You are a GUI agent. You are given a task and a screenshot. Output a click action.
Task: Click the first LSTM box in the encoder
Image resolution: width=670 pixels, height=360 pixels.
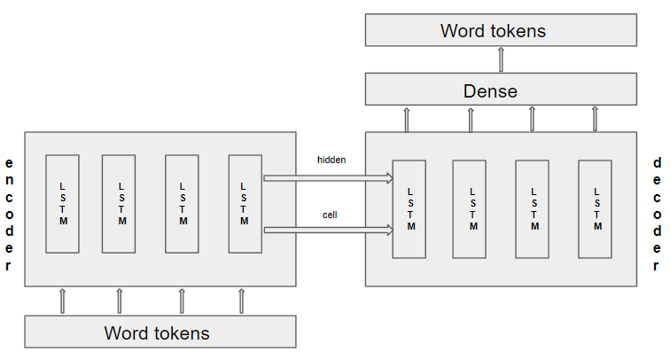coord(62,203)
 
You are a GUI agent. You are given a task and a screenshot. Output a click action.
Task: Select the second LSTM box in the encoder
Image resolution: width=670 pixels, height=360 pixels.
coord(119,203)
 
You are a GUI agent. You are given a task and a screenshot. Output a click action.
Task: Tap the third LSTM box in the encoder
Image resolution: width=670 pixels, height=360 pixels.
coord(183,203)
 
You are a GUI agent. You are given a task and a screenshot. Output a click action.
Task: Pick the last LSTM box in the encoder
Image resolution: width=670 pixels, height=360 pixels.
coord(245,203)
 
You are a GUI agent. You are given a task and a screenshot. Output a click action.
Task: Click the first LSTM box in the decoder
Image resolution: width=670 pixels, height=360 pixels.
coord(409,208)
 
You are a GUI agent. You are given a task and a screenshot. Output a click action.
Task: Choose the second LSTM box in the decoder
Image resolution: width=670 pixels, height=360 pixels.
coord(471,208)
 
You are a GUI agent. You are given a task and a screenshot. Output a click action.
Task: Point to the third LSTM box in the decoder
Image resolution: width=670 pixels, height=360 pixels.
coord(533,208)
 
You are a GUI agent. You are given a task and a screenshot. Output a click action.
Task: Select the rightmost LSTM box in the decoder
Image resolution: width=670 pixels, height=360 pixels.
coord(596,208)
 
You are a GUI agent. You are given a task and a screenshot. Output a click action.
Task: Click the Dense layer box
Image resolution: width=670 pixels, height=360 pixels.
coord(501,90)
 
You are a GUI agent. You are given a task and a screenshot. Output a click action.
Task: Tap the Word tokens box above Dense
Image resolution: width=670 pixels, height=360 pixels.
coord(501,30)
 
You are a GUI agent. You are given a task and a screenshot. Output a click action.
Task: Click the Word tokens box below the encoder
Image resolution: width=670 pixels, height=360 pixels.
coord(160,333)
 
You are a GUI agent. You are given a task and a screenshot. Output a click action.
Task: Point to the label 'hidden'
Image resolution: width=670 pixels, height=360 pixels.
coord(331,160)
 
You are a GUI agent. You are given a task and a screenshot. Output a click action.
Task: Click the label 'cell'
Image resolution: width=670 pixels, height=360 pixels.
coord(330,214)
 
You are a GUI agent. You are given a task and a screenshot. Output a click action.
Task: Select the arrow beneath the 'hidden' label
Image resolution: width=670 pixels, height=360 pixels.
coord(328,178)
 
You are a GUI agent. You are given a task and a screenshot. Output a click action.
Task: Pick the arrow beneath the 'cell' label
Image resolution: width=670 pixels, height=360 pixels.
coord(328,231)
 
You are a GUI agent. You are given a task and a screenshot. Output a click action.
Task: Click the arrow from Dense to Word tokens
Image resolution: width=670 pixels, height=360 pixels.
coord(501,59)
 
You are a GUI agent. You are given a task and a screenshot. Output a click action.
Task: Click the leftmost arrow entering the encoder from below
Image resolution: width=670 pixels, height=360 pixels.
coord(62,301)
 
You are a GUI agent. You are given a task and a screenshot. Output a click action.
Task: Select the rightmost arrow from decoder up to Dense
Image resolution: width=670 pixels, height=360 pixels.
coord(595,119)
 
